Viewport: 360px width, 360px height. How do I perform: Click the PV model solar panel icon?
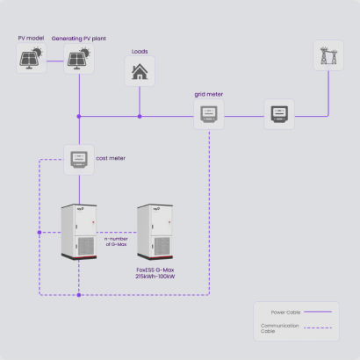[31, 58]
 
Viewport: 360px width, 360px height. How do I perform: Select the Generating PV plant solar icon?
[79, 58]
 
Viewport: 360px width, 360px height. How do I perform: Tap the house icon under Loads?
[140, 72]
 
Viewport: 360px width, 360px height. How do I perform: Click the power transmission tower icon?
[328, 55]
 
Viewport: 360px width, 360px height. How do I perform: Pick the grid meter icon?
[209, 114]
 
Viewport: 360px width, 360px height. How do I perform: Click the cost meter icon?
[79, 160]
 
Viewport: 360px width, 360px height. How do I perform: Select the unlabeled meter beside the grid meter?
[279, 114]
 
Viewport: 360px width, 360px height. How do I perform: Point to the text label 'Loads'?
[140, 52]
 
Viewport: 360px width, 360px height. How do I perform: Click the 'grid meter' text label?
[209, 94]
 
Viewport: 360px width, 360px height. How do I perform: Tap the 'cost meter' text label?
[111, 158]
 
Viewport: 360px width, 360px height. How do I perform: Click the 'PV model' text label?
[31, 38]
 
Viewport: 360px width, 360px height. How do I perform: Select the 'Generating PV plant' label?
[79, 39]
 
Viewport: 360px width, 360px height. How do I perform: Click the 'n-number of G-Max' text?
[116, 241]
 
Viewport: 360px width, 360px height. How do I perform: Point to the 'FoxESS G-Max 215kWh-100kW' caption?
[155, 273]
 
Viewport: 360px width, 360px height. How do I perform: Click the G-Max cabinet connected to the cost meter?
[79, 232]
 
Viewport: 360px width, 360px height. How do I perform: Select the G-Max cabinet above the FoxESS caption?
[155, 232]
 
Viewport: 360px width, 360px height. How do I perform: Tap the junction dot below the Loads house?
[140, 117]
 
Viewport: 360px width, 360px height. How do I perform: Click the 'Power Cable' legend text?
[285, 313]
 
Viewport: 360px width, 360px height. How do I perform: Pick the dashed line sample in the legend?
[318, 328]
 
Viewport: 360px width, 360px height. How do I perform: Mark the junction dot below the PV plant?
[79, 117]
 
